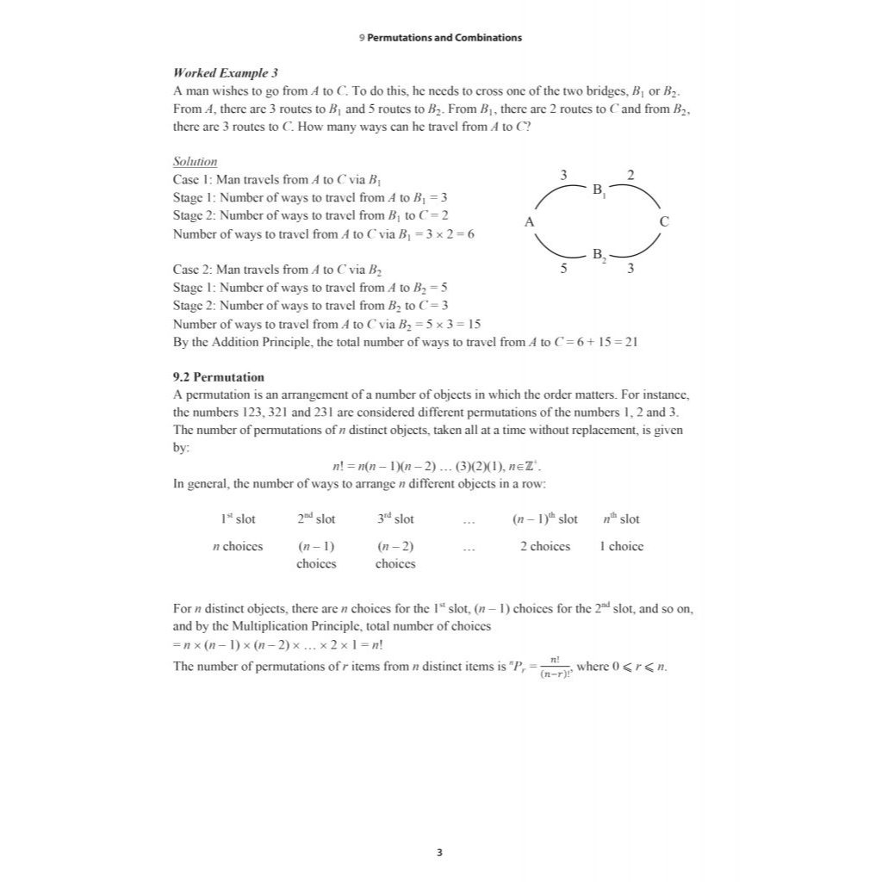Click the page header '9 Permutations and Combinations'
point(440,38)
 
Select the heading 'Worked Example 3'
point(225,73)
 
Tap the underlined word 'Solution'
point(195,162)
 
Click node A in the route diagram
point(530,222)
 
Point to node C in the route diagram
point(663,222)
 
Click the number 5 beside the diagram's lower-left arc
point(564,269)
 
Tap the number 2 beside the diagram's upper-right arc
point(631,176)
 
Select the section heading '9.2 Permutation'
point(219,377)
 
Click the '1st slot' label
point(238,519)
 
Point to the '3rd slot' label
point(395,519)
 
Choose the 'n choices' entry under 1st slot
point(238,546)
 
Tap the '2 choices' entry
point(544,546)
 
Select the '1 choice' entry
point(621,546)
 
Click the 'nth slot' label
point(621,519)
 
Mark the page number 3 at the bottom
point(440,853)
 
